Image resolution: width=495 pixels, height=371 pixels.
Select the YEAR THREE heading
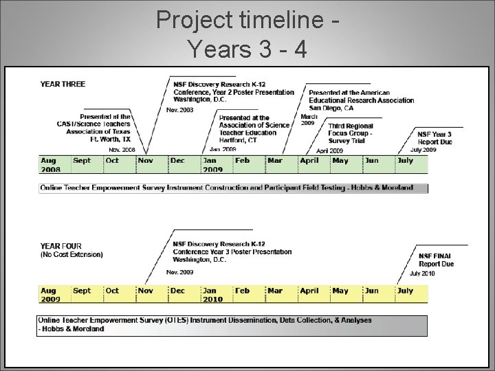coord(63,84)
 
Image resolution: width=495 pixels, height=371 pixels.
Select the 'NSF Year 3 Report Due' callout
coord(434,137)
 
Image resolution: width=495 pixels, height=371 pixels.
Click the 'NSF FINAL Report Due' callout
coord(436,260)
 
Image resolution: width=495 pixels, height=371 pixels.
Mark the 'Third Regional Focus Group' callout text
coord(350,133)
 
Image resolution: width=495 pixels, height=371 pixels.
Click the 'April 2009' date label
coord(329,150)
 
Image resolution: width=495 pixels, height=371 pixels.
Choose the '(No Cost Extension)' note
coord(71,255)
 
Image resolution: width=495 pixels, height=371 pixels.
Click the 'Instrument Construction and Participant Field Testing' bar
coord(234,188)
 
